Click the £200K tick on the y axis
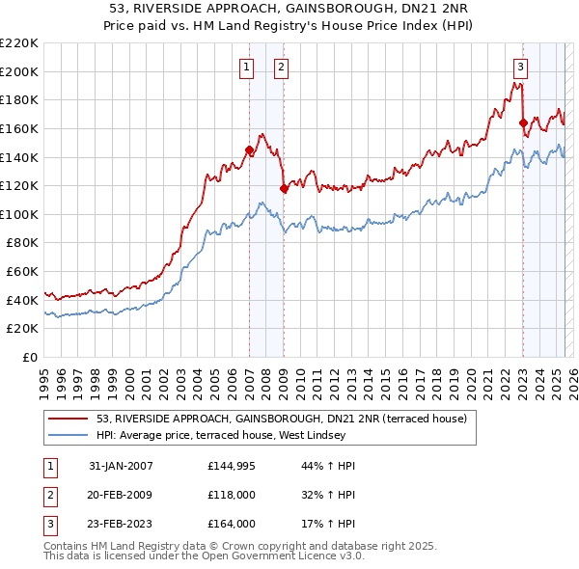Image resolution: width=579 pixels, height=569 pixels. [x=18, y=71]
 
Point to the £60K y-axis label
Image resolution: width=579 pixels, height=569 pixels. [x=21, y=272]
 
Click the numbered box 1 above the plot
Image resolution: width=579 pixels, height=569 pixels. [x=247, y=67]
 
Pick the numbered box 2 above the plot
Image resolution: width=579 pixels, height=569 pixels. [x=281, y=67]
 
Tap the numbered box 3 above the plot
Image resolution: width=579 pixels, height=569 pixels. [x=520, y=67]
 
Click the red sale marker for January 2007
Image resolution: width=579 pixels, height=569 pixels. [x=249, y=149]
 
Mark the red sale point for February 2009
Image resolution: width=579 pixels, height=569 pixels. [x=284, y=189]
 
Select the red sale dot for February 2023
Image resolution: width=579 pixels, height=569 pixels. [x=523, y=122]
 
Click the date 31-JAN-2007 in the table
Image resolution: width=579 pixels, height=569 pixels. [x=121, y=466]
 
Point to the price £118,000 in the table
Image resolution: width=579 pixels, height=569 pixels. [x=232, y=495]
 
